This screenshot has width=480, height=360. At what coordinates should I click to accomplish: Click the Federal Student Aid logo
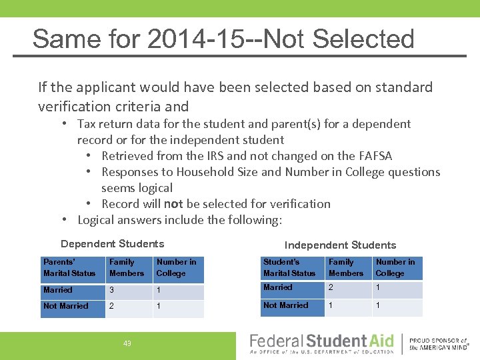[x=322, y=343]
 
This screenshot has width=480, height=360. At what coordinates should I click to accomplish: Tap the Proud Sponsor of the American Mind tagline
[x=438, y=343]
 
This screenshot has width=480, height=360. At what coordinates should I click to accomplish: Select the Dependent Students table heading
[x=112, y=244]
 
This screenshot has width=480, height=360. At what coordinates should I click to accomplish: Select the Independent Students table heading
[x=340, y=245]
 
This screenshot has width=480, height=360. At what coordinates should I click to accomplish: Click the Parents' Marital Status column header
[x=69, y=267]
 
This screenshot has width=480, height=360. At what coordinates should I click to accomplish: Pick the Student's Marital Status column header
[x=289, y=267]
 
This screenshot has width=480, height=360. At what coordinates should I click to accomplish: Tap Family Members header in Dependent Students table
[x=127, y=267]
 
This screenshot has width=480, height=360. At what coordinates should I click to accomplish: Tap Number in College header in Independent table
[x=395, y=267]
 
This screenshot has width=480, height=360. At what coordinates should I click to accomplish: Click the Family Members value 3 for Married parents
[x=112, y=291]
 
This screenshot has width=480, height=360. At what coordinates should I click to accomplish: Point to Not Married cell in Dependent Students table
[x=65, y=306]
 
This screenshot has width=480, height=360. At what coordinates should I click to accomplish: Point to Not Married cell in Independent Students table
[x=285, y=305]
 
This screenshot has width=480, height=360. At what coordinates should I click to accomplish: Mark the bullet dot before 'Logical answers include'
[x=65, y=220]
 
